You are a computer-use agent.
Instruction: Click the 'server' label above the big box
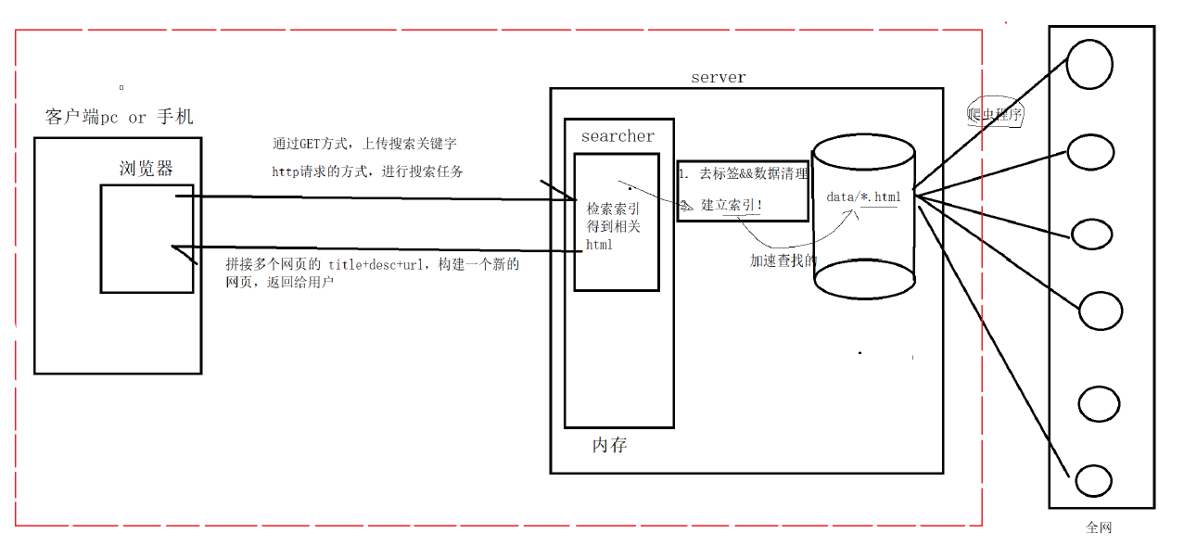(x=718, y=78)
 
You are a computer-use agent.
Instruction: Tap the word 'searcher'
(x=617, y=136)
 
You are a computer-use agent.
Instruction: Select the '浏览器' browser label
(x=146, y=169)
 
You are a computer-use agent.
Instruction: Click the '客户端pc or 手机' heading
(x=120, y=118)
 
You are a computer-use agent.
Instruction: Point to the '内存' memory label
(x=609, y=446)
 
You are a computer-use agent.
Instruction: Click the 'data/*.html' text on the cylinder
(x=862, y=197)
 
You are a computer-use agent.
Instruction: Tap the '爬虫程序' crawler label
(x=994, y=115)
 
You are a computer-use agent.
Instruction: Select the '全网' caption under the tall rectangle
(x=1098, y=528)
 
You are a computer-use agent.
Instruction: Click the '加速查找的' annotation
(x=783, y=261)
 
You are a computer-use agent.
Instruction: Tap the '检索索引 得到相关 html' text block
(x=613, y=227)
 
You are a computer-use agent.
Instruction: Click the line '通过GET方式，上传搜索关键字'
(x=364, y=145)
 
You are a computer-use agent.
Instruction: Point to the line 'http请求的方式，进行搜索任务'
(x=367, y=171)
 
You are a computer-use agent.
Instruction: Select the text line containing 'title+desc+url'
(x=373, y=265)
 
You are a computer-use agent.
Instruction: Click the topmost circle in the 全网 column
(x=1089, y=64)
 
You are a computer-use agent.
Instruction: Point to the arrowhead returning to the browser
(x=182, y=247)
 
